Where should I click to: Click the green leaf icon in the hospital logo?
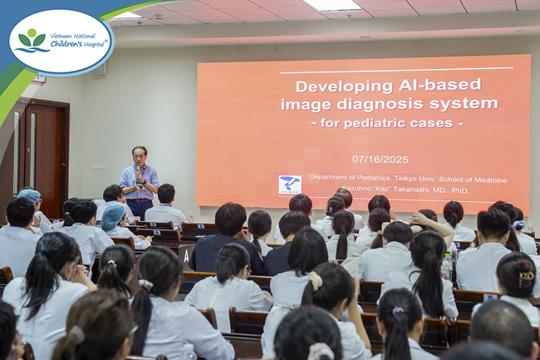[x=32, y=40]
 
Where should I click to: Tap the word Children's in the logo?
[x=66, y=44]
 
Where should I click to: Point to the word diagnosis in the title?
[x=379, y=104]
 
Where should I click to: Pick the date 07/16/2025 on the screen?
[x=380, y=159]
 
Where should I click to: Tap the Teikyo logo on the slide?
[x=290, y=185]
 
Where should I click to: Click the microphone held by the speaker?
[x=138, y=173]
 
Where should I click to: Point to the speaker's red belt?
[x=139, y=200]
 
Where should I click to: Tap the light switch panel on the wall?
[x=98, y=167]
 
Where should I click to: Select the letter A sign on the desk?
[x=186, y=256]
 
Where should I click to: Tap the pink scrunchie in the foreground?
[x=145, y=284]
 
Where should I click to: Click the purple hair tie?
[x=397, y=310]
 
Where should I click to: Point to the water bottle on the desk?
[x=447, y=267]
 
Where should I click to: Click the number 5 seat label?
[x=490, y=298]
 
